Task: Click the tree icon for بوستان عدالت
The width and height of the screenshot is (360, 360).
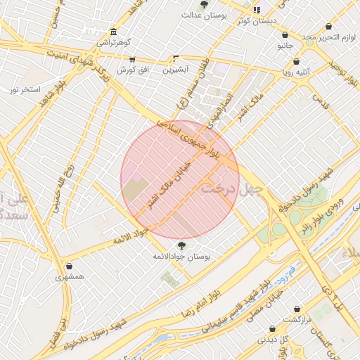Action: tap(204, 4)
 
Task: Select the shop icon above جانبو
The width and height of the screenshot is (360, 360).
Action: tap(285, 34)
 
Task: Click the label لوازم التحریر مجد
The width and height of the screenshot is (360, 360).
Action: tap(330, 37)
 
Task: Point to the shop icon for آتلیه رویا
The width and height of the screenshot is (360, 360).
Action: tap(296, 61)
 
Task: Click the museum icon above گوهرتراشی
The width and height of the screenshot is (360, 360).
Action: tap(114, 32)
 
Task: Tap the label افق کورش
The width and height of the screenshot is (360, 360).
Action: tap(131, 70)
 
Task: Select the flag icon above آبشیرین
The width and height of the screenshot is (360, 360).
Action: tap(175, 58)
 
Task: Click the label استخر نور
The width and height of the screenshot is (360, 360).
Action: tap(24, 89)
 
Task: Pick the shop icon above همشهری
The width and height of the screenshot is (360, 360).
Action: tap(70, 266)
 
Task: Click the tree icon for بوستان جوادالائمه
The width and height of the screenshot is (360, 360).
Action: tap(182, 245)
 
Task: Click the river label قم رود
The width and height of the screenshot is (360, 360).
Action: tap(285, 271)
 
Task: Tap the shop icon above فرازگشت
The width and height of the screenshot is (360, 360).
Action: tap(297, 309)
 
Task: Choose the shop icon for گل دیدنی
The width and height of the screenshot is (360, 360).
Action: tap(284, 340)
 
